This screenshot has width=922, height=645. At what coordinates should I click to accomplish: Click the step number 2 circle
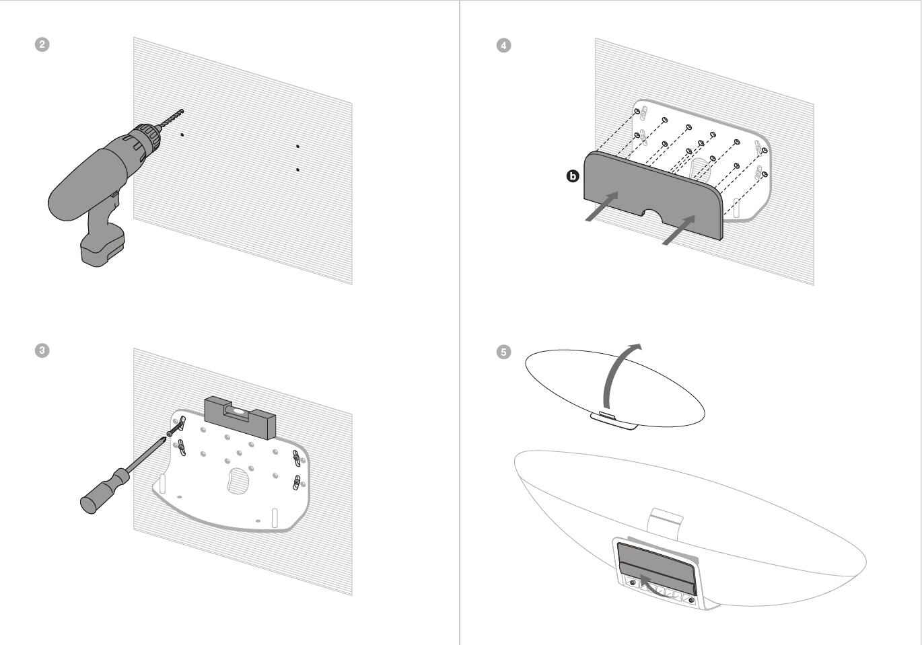42,44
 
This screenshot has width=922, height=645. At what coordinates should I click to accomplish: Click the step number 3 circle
42,350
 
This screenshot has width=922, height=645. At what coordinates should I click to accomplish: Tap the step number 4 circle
503,45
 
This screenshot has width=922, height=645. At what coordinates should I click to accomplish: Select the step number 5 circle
503,352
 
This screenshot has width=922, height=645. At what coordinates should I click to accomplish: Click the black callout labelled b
572,176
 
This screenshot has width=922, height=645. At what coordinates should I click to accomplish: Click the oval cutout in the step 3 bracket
237,480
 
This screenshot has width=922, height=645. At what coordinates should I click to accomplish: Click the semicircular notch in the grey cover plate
651,215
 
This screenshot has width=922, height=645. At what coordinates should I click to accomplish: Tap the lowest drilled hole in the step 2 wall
297,169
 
